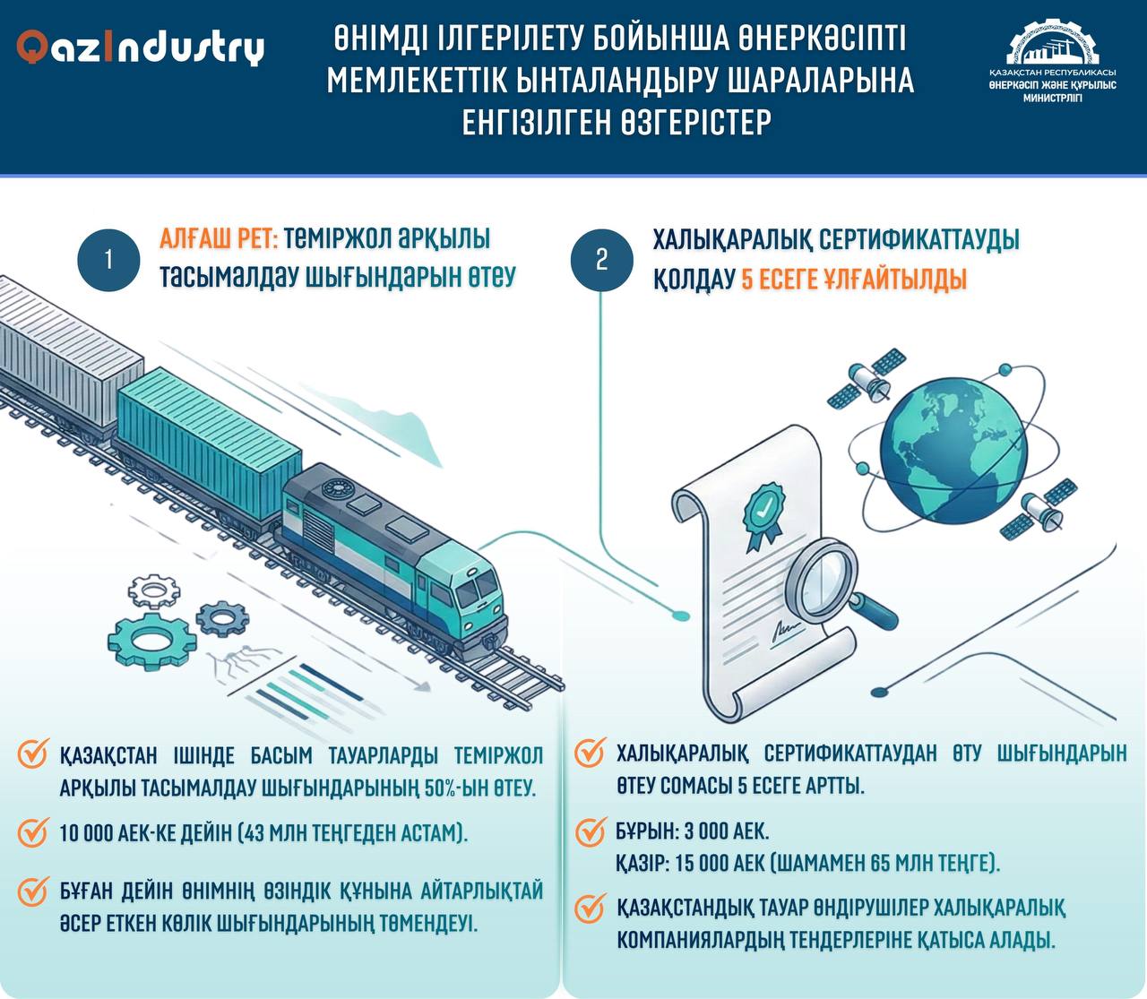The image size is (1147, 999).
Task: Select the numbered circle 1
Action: click(x=108, y=260)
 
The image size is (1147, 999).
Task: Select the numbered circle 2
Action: click(x=601, y=260)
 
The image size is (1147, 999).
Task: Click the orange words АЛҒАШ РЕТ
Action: click(x=220, y=240)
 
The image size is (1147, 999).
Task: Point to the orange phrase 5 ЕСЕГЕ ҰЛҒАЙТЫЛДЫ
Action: click(x=854, y=280)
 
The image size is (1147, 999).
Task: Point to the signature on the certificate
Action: click(x=786, y=632)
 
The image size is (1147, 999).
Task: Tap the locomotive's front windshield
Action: click(x=476, y=589)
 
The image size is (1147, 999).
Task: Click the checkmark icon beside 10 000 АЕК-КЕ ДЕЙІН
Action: click(x=32, y=832)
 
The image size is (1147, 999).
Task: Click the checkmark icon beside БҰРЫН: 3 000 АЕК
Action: click(x=589, y=831)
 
